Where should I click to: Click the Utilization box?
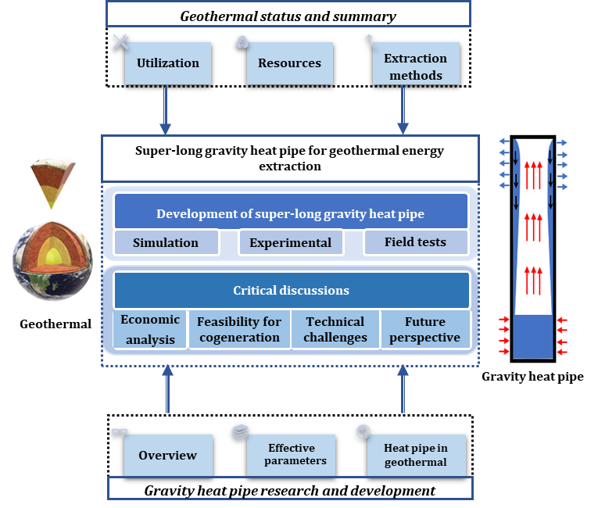[167, 63]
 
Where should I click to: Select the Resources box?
[289, 63]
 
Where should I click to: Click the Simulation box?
[166, 242]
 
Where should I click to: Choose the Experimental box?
[290, 242]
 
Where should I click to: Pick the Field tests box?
[415, 242]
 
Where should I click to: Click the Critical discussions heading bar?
[291, 290]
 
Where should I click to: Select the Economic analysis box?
[150, 329]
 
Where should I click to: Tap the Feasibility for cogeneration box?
[238, 329]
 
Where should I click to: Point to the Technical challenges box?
[335, 329]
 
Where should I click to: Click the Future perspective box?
[425, 329]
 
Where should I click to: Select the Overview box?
[167, 455]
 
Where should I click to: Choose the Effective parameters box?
[291, 455]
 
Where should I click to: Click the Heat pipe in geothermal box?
[416, 455]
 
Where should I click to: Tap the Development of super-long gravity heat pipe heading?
[291, 213]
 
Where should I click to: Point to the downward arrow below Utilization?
[166, 109]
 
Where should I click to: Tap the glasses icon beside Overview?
[120, 431]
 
